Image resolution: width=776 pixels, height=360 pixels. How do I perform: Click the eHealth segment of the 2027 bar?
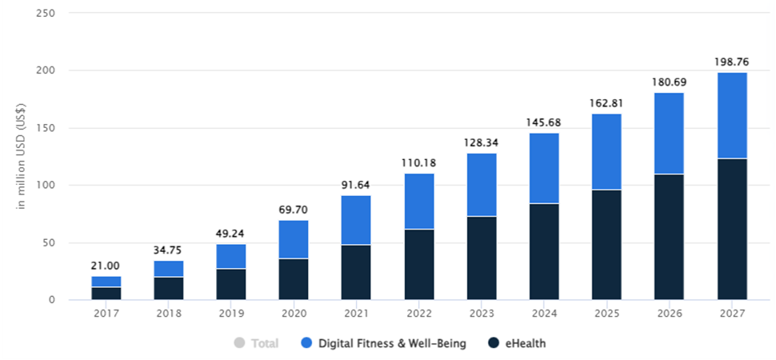[731, 229]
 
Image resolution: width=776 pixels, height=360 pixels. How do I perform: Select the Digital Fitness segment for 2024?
[544, 168]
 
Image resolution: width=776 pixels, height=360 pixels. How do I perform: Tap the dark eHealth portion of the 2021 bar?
[356, 272]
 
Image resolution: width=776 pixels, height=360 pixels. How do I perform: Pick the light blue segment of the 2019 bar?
[231, 256]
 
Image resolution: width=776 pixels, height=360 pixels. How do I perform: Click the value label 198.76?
[731, 61]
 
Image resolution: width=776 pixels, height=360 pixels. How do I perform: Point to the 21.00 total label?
[106, 265]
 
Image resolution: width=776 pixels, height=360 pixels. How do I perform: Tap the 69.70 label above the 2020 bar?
[294, 210]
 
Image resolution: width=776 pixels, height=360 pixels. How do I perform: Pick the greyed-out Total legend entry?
[263, 343]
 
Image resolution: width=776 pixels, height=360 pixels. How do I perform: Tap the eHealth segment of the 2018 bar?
[169, 288]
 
